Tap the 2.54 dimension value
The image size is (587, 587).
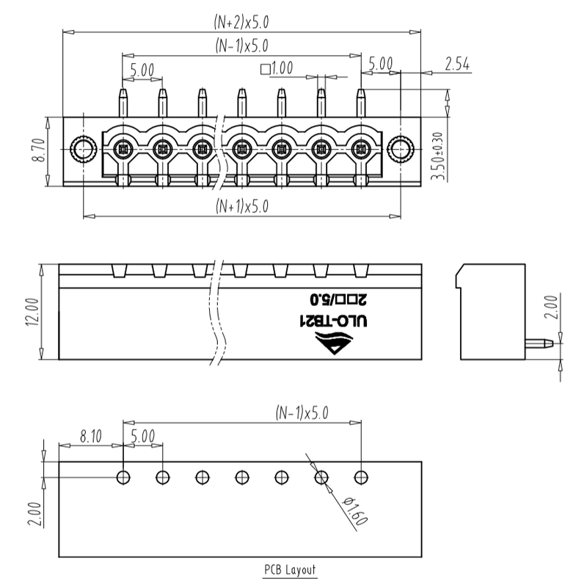pos(457,65)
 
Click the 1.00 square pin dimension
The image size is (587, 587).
pos(277,69)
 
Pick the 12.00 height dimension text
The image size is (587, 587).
pos(32,313)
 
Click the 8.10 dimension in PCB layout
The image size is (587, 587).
pos(91,437)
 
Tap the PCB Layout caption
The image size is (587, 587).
pos(290,569)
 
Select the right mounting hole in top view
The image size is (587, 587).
pos(400,150)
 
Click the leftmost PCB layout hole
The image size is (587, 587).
pos(123,477)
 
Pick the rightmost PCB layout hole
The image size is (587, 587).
pos(360,477)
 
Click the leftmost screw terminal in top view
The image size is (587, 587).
pos(123,150)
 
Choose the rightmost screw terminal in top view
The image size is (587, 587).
pos(360,150)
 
